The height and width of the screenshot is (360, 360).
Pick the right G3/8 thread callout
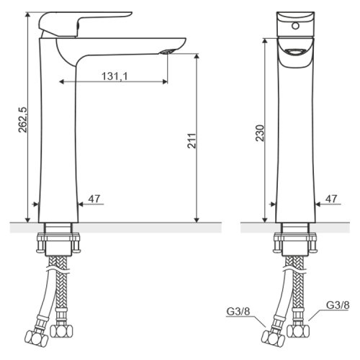coord(337,305)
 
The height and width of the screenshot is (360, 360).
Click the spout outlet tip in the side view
coord(167,51)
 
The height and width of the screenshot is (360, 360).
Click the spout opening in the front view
coord(295,52)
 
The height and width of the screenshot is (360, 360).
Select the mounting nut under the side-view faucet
coord(57,238)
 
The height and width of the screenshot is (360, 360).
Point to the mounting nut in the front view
coord(295,238)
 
